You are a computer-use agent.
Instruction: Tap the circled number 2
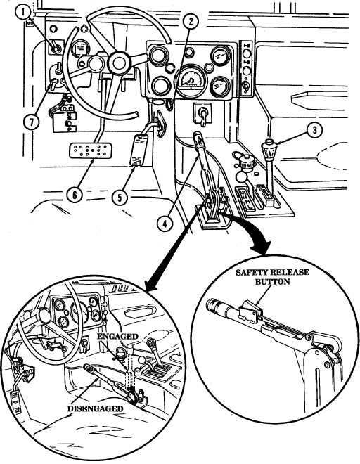(x=190, y=22)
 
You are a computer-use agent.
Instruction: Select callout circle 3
(x=314, y=130)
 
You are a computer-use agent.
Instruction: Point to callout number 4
(x=165, y=224)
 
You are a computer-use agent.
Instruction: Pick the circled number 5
(x=120, y=198)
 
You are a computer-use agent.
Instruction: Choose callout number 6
(x=75, y=195)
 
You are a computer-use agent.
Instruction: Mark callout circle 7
(x=32, y=122)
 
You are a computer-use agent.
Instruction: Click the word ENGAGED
(x=117, y=337)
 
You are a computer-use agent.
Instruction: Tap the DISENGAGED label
(x=95, y=408)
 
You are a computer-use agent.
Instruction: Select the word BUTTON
(x=272, y=282)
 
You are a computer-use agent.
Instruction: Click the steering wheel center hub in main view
(x=119, y=63)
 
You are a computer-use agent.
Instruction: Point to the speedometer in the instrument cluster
(x=191, y=81)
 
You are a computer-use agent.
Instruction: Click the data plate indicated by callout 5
(x=139, y=150)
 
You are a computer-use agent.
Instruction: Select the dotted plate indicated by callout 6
(x=91, y=150)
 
